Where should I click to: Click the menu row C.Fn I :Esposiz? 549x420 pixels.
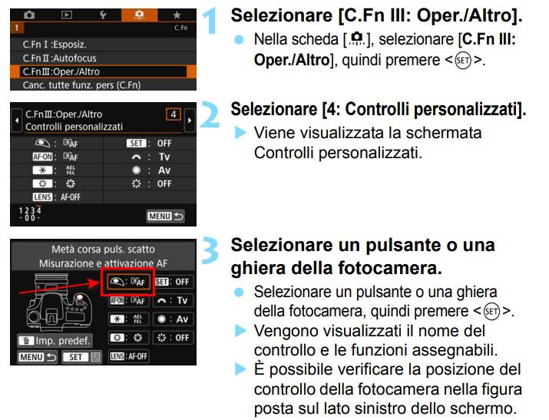click(x=104, y=45)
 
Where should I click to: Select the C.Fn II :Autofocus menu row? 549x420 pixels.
click(x=104, y=58)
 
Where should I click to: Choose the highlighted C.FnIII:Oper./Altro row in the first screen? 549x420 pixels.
click(x=104, y=71)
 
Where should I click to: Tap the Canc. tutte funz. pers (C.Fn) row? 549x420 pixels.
click(x=104, y=85)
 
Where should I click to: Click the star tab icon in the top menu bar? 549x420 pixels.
click(x=177, y=15)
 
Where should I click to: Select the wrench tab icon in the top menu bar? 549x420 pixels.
click(x=103, y=15)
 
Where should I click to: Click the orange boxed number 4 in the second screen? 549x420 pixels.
click(x=174, y=114)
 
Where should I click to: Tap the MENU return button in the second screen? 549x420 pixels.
click(x=165, y=217)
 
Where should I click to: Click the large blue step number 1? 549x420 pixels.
click(x=210, y=21)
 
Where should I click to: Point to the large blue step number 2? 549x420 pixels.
click(x=210, y=114)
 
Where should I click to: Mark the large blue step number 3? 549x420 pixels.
click(x=210, y=250)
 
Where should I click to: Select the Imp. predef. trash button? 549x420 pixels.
click(x=55, y=341)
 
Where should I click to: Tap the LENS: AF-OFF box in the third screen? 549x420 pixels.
click(x=128, y=356)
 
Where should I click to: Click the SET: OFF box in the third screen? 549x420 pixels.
click(x=173, y=282)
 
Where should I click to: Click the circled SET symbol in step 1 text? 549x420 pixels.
click(x=463, y=61)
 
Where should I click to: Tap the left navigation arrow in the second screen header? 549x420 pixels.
click(x=17, y=121)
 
